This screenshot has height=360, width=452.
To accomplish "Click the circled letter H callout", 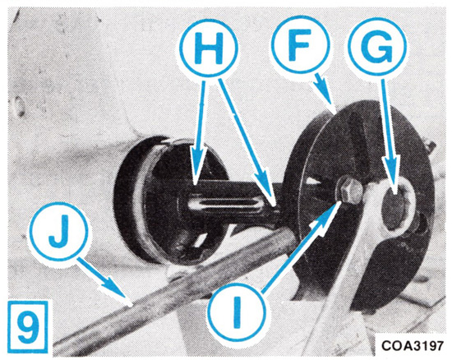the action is click(209, 48).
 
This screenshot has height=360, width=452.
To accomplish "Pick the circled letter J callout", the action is click(59, 232).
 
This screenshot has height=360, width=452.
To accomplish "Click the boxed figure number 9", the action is click(27, 327).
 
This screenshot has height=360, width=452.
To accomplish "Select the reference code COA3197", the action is click(412, 345).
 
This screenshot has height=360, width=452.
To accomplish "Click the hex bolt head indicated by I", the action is click(348, 190).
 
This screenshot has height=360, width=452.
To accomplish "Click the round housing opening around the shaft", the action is click(170, 199).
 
